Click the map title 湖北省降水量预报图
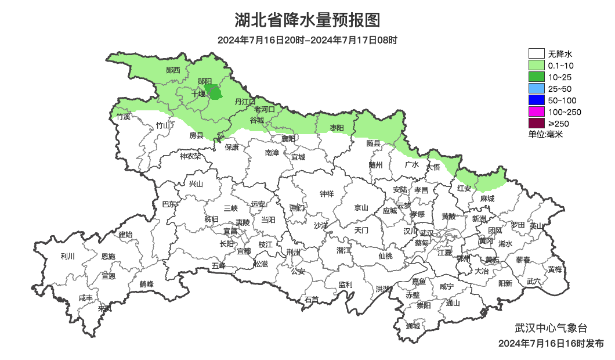pos(307,20)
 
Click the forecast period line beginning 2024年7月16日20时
pos(307,41)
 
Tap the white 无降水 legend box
pos(536,54)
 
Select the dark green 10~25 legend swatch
pos(536,77)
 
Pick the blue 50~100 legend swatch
pos(536,100)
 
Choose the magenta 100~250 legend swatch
pos(536,112)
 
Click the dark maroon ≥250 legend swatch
pos(536,123)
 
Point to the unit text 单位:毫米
pos(545,134)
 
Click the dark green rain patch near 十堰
pos(215,92)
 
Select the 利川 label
pos(68,256)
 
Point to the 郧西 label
pos(173,70)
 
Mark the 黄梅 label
pos(555,269)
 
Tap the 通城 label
pos(413,326)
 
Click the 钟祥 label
pos(327,194)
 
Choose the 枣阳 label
pos(337,128)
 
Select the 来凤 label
pos(105,308)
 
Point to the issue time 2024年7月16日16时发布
pos(551,343)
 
